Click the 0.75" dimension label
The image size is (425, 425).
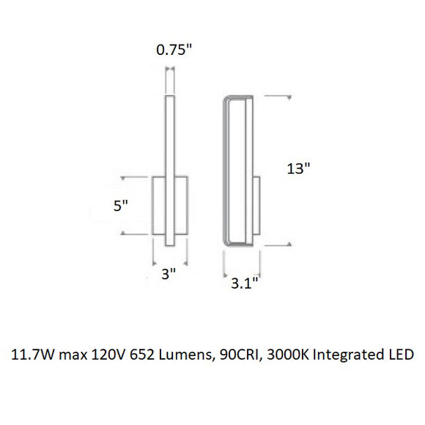tap(174, 50)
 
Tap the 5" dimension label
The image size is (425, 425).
tap(121, 206)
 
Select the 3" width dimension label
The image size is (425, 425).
tap(169, 274)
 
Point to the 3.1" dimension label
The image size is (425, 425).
tap(244, 284)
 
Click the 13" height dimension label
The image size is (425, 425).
tap(298, 169)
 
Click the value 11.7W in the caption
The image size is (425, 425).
tap(33, 355)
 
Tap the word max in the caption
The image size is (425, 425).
tap(73, 355)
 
